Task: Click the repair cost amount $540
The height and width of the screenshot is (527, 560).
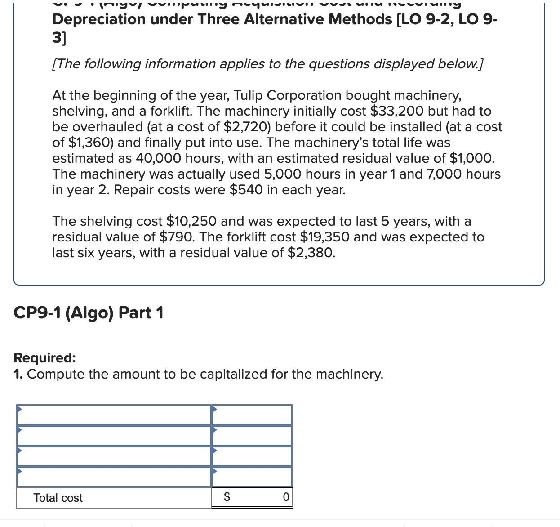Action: (246, 190)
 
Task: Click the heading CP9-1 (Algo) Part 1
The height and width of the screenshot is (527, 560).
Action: (89, 313)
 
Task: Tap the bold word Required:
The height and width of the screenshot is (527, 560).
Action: (44, 358)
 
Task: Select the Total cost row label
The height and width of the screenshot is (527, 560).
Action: (58, 498)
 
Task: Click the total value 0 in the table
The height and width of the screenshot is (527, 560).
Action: (286, 497)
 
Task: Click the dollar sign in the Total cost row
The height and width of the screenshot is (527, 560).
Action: (227, 497)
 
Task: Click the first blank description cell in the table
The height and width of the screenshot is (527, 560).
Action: (114, 415)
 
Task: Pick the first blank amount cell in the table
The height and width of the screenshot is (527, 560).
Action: (252, 415)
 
